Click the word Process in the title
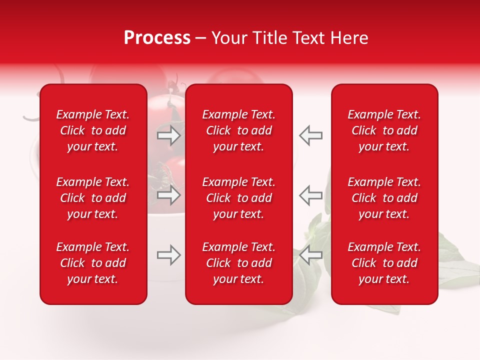[157, 38]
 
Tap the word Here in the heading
[349, 38]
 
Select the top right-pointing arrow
[169, 135]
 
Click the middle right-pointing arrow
[169, 195]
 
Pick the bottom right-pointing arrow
[169, 255]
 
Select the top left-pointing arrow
[310, 135]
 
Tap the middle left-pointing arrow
[310, 195]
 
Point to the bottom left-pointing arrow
[310, 255]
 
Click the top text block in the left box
[93, 130]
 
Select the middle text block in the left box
[93, 198]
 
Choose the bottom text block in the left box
[93, 263]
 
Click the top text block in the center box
[239, 130]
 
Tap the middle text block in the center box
[239, 198]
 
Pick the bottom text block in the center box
[239, 263]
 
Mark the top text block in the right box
[384, 130]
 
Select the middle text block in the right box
[384, 198]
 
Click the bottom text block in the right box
[384, 263]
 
